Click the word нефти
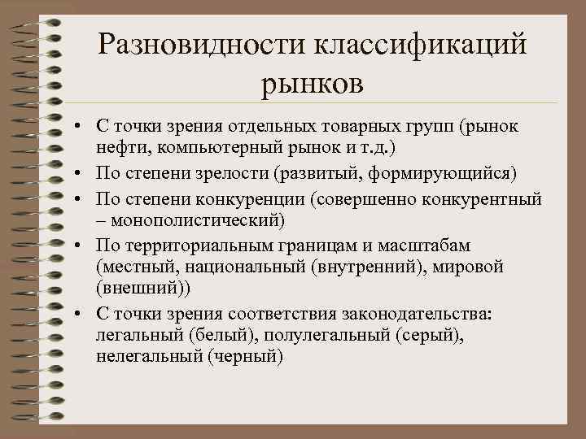[119, 149]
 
